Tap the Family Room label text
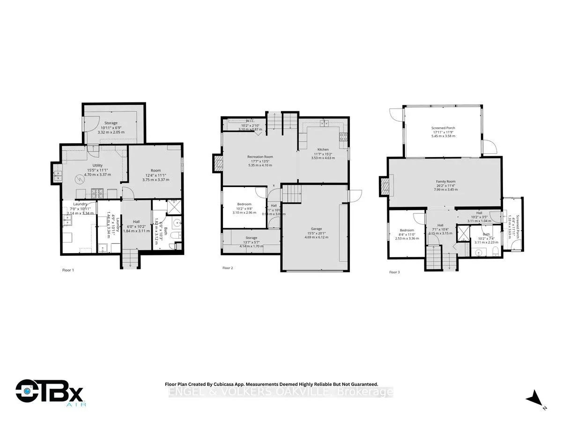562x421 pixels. pos(443,181)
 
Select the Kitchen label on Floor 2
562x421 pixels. pos(323,150)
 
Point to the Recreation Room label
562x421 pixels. pos(260,157)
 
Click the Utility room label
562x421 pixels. pos(97,166)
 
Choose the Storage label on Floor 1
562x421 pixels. pos(111,123)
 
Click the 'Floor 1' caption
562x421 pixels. pos(68,270)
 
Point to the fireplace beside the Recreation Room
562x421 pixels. pos(218,164)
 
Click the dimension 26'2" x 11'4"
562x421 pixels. pos(443,186)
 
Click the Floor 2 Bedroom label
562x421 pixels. pos(244,204)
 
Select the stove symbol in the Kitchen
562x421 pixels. pos(343,137)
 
